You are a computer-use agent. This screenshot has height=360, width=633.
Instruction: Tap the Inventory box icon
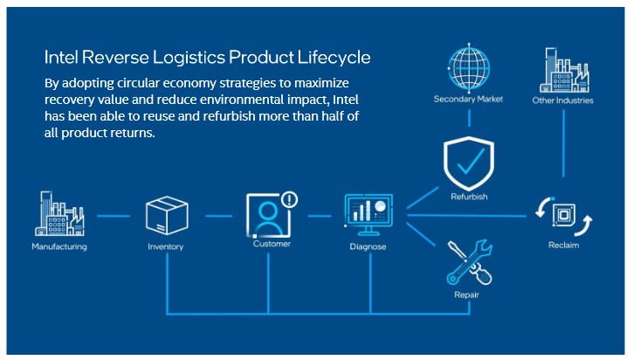coord(167,216)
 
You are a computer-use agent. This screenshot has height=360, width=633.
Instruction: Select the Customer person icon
coord(268,216)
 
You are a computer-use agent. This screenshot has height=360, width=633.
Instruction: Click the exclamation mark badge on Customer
coord(289,199)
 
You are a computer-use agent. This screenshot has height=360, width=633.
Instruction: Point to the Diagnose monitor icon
coord(368,215)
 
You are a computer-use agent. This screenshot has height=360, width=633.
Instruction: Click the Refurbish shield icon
coord(469,163)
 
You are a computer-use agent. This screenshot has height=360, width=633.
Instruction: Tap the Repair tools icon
coord(470,262)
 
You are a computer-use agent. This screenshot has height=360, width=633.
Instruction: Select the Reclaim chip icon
coord(563,216)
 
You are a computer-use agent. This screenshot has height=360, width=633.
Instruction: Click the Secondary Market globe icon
coord(469,67)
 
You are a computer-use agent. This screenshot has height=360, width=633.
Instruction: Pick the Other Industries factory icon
coord(564,70)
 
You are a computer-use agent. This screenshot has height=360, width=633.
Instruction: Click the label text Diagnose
coord(368,246)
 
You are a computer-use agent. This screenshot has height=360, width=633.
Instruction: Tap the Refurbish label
coord(469,197)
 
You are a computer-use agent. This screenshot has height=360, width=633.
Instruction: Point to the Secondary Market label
coord(468,99)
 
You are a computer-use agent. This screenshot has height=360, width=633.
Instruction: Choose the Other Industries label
coord(563,100)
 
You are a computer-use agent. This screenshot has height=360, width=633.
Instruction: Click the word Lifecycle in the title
coord(334,58)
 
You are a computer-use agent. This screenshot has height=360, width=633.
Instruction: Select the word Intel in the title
coord(61,57)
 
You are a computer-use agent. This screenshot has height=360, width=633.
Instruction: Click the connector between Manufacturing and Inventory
coord(114,216)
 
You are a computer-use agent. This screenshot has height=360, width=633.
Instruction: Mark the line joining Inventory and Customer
coord(219,216)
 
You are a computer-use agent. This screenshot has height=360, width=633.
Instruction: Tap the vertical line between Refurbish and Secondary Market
coord(469,118)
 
